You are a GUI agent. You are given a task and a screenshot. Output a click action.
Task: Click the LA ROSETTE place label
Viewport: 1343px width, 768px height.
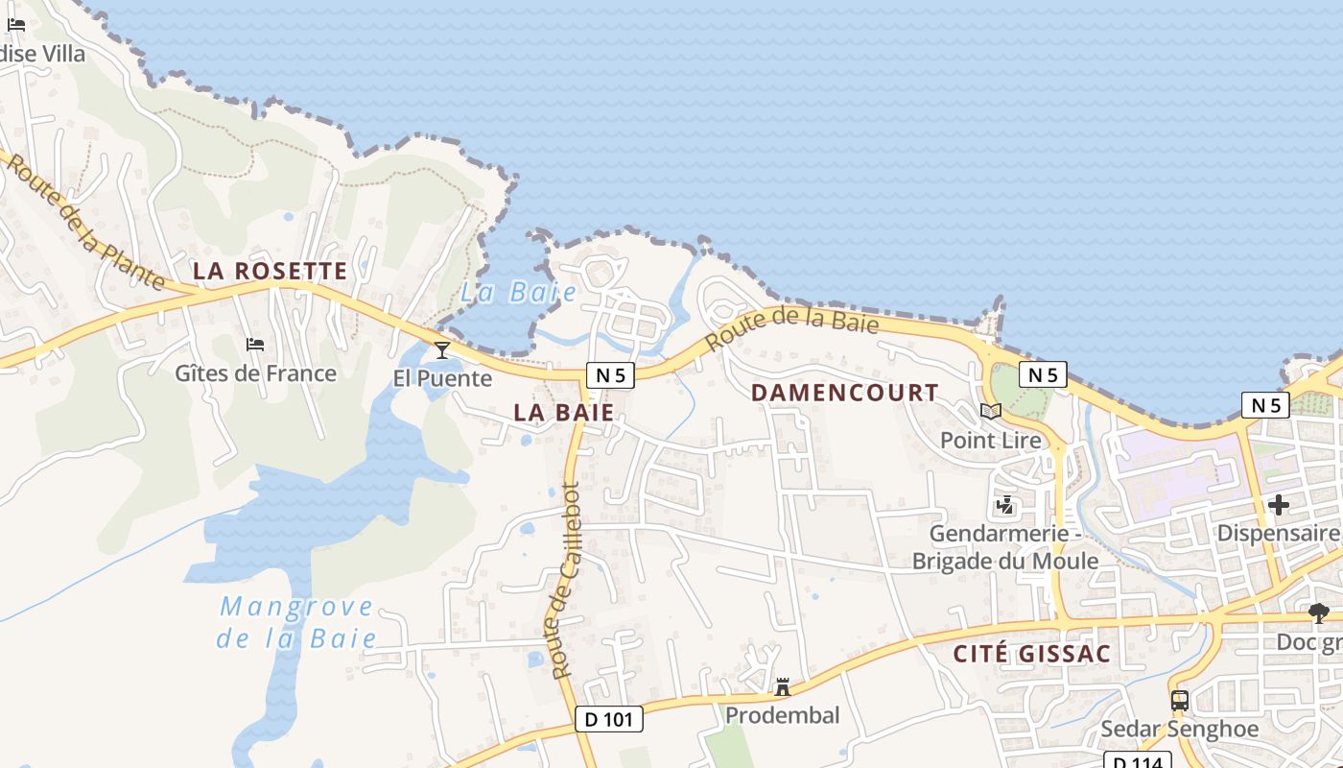[x=270, y=272]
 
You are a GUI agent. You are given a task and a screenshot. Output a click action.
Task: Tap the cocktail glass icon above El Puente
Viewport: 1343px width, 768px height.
[x=442, y=349]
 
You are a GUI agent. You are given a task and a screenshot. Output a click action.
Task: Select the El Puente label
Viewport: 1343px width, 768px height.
[x=442, y=378]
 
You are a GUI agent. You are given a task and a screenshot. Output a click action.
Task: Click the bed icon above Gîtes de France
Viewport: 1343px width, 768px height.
[x=255, y=345]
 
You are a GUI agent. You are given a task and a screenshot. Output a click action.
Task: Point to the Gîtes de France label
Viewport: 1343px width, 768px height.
[x=255, y=373]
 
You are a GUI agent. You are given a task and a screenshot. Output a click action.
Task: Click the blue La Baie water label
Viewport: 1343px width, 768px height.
[x=519, y=293]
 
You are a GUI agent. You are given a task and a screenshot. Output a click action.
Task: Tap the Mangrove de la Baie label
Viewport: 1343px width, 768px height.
[x=296, y=622]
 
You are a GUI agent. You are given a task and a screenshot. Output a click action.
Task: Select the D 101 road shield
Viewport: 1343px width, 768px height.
[x=609, y=718]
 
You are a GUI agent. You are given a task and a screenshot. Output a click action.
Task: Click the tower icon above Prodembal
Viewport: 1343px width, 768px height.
[x=783, y=687]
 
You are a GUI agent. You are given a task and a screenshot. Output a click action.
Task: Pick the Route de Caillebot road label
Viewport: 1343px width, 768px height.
[x=565, y=580]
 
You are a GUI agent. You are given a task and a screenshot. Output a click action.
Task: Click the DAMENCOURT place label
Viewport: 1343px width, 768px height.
[x=844, y=393]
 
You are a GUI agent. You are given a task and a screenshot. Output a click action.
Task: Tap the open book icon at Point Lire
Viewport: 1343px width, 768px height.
[x=991, y=412]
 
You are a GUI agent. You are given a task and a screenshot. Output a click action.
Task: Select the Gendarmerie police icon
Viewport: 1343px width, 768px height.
[x=1005, y=504]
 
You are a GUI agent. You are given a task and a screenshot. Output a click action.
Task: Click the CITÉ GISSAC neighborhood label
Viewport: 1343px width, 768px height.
[x=1031, y=655]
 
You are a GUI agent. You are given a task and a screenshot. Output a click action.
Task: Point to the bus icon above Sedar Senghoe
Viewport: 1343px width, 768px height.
[x=1180, y=701]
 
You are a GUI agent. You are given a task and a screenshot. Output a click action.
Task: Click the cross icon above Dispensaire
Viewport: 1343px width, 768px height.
[x=1279, y=504]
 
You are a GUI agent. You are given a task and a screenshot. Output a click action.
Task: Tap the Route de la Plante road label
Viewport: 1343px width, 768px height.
[x=85, y=223]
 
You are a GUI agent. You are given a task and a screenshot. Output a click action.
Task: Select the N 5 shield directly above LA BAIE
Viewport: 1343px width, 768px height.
[x=610, y=375]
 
